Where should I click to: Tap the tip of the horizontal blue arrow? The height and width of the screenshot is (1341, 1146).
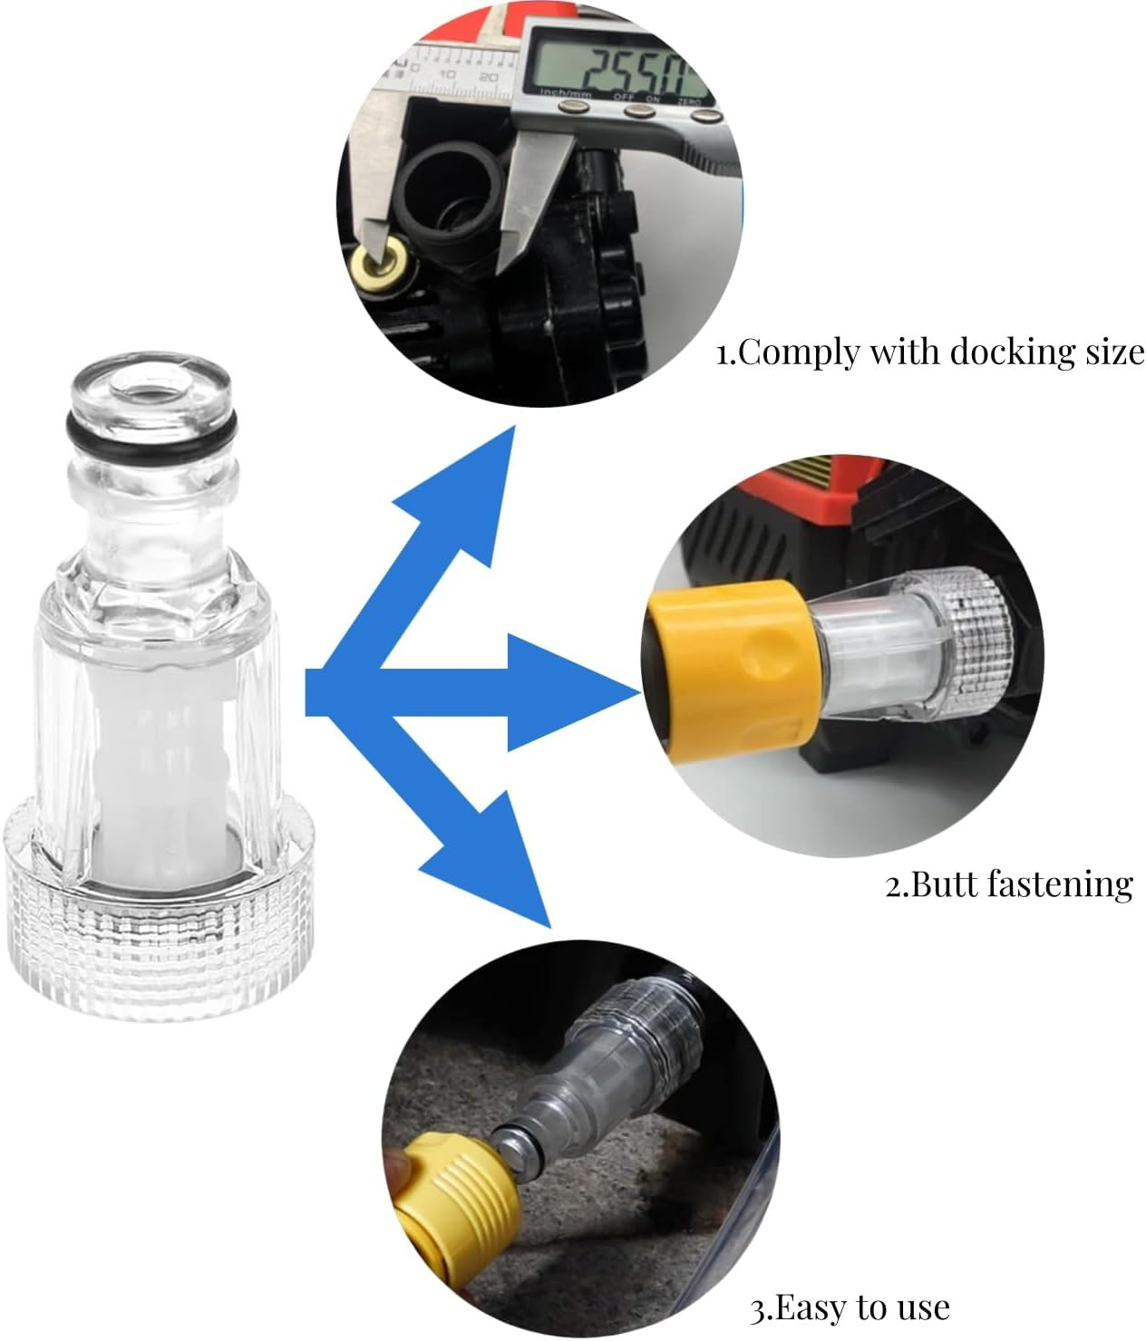click(637, 693)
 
